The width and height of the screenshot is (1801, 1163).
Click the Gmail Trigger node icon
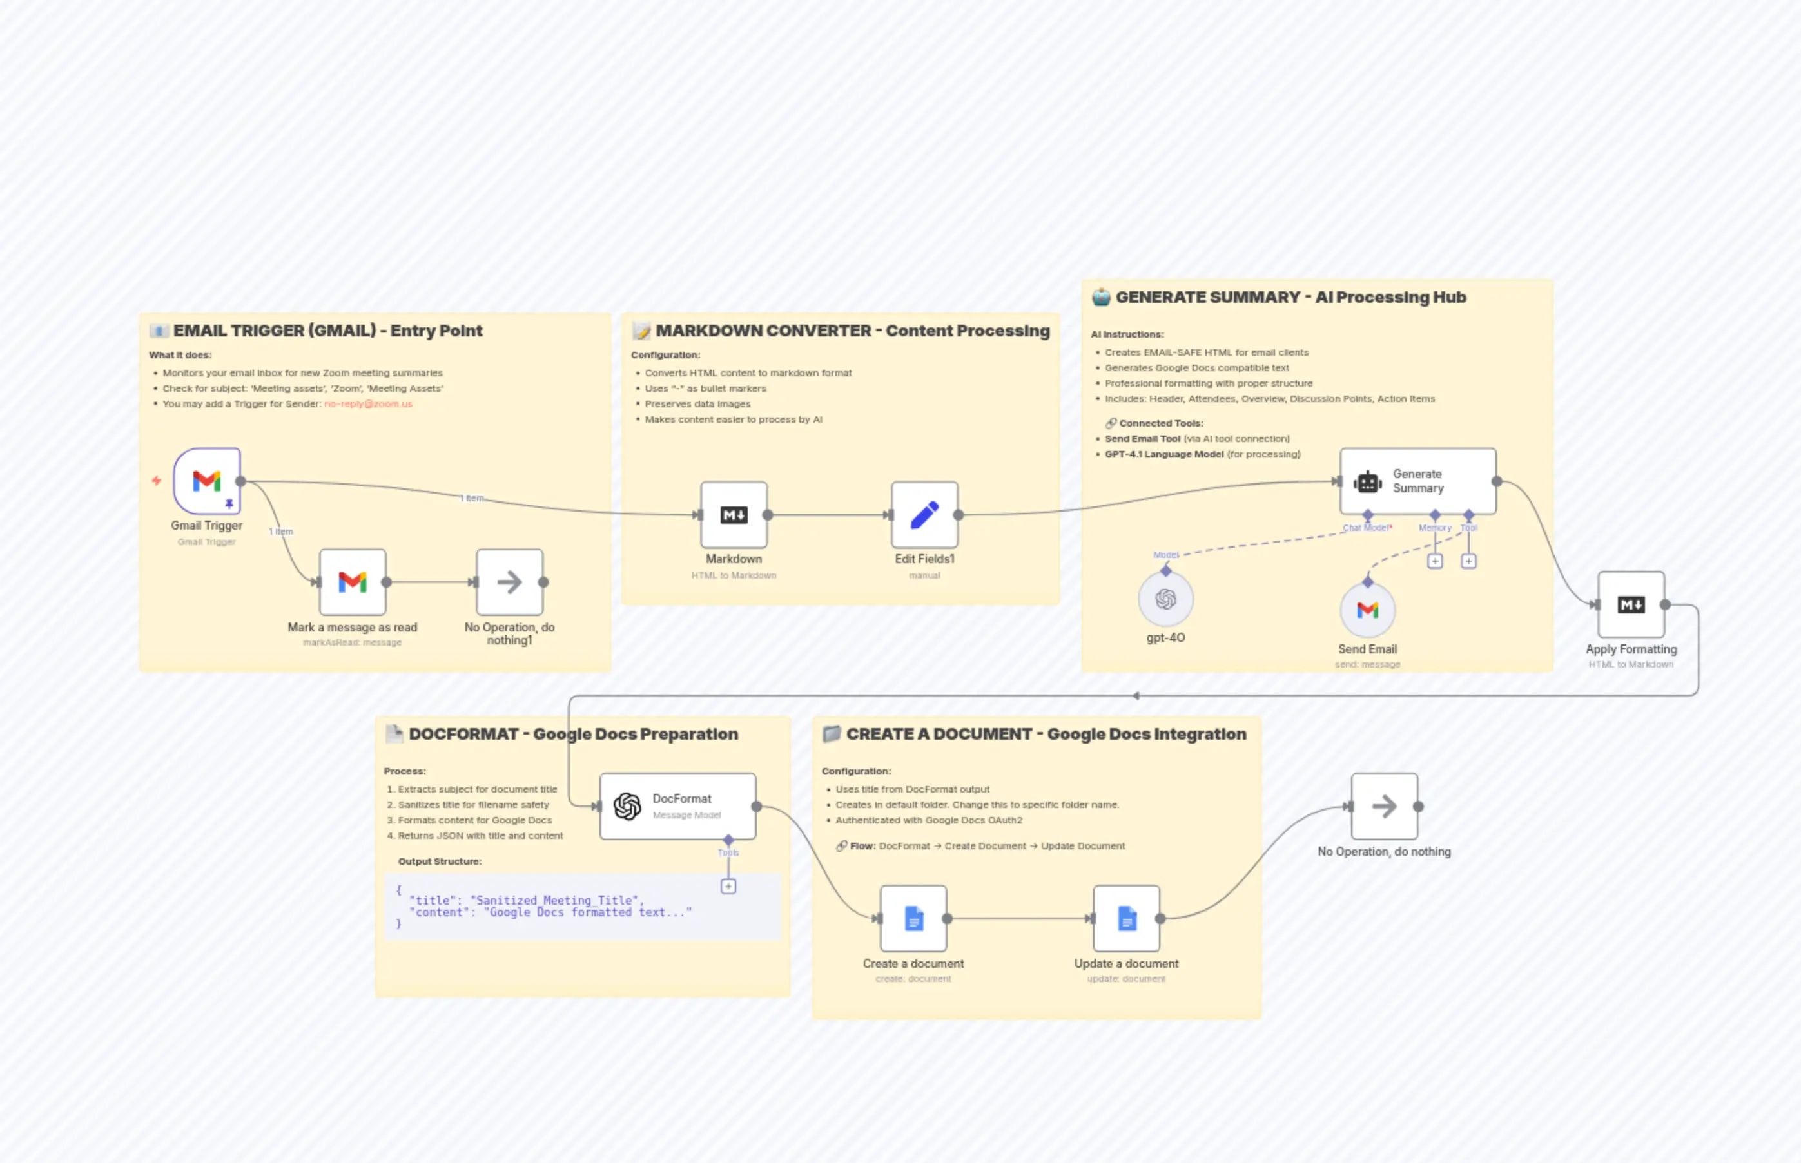click(206, 481)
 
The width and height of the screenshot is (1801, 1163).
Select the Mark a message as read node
click(352, 582)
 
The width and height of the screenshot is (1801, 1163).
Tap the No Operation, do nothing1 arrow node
click(509, 582)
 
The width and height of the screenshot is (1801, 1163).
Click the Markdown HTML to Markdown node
click(734, 515)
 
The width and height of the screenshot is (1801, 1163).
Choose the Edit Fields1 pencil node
click(924, 515)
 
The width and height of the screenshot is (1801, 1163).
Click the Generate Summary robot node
click(1417, 481)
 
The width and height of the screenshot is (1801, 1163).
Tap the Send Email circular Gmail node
click(1367, 610)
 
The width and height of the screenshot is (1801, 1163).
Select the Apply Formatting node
click(1630, 605)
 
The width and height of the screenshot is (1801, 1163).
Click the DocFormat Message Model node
click(677, 807)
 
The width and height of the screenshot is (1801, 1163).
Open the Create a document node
click(913, 918)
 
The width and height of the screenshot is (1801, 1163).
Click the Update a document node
click(1126, 918)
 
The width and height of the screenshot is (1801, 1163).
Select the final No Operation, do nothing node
click(1384, 807)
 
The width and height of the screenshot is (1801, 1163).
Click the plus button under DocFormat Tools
click(728, 887)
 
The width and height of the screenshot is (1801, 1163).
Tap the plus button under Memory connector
click(1435, 561)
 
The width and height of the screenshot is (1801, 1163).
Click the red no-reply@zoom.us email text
click(369, 404)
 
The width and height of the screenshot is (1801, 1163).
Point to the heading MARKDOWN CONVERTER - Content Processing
click(852, 331)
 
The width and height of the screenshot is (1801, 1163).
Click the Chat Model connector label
click(1367, 528)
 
